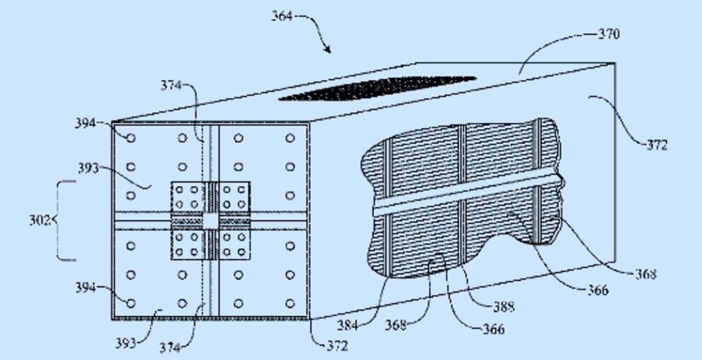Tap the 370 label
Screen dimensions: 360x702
(607, 35)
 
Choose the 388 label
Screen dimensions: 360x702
(502, 307)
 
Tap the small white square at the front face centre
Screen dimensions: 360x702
(211, 220)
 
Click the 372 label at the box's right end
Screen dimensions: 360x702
(654, 145)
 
